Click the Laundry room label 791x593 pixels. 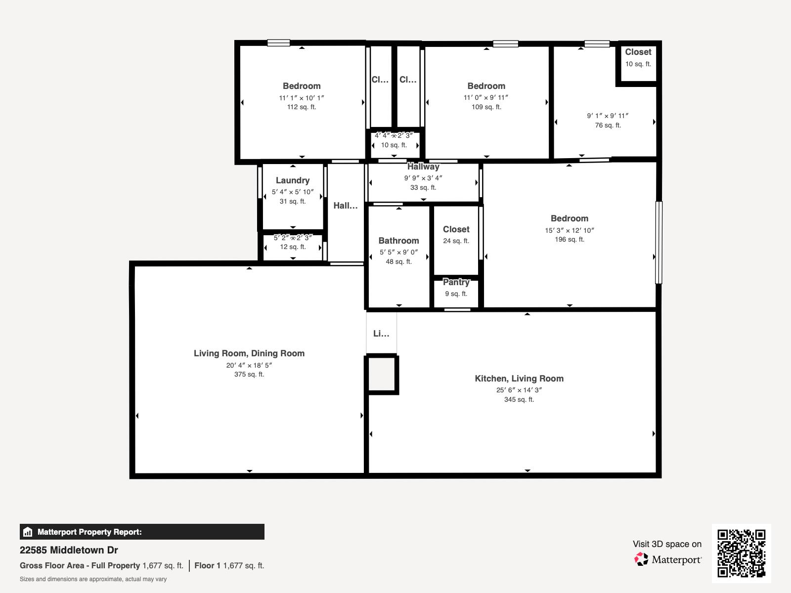pos(293,180)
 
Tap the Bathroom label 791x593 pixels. pos(398,241)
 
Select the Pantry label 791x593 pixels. pos(456,282)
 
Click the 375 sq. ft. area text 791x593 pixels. pos(249,375)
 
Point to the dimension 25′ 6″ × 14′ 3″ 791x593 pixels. pos(519,390)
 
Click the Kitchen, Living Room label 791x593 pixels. pos(519,379)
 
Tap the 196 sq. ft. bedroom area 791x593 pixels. pos(570,240)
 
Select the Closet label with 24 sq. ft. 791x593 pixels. pos(456,229)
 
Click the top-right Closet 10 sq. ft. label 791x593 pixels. pos(638,52)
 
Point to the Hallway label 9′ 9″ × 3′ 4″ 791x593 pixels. pos(423,167)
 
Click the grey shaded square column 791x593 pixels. pos(382,374)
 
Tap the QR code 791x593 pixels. pos(741,553)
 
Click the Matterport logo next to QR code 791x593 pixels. pos(668,559)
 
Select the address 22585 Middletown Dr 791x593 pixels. pos(69,550)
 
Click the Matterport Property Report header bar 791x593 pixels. pos(142,532)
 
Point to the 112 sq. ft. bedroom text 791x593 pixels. pos(302,107)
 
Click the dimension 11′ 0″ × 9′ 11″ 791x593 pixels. pos(486,98)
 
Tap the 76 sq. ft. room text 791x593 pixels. pos(608,126)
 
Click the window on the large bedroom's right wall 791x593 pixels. pos(659,242)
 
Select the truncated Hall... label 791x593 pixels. pos(345,206)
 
